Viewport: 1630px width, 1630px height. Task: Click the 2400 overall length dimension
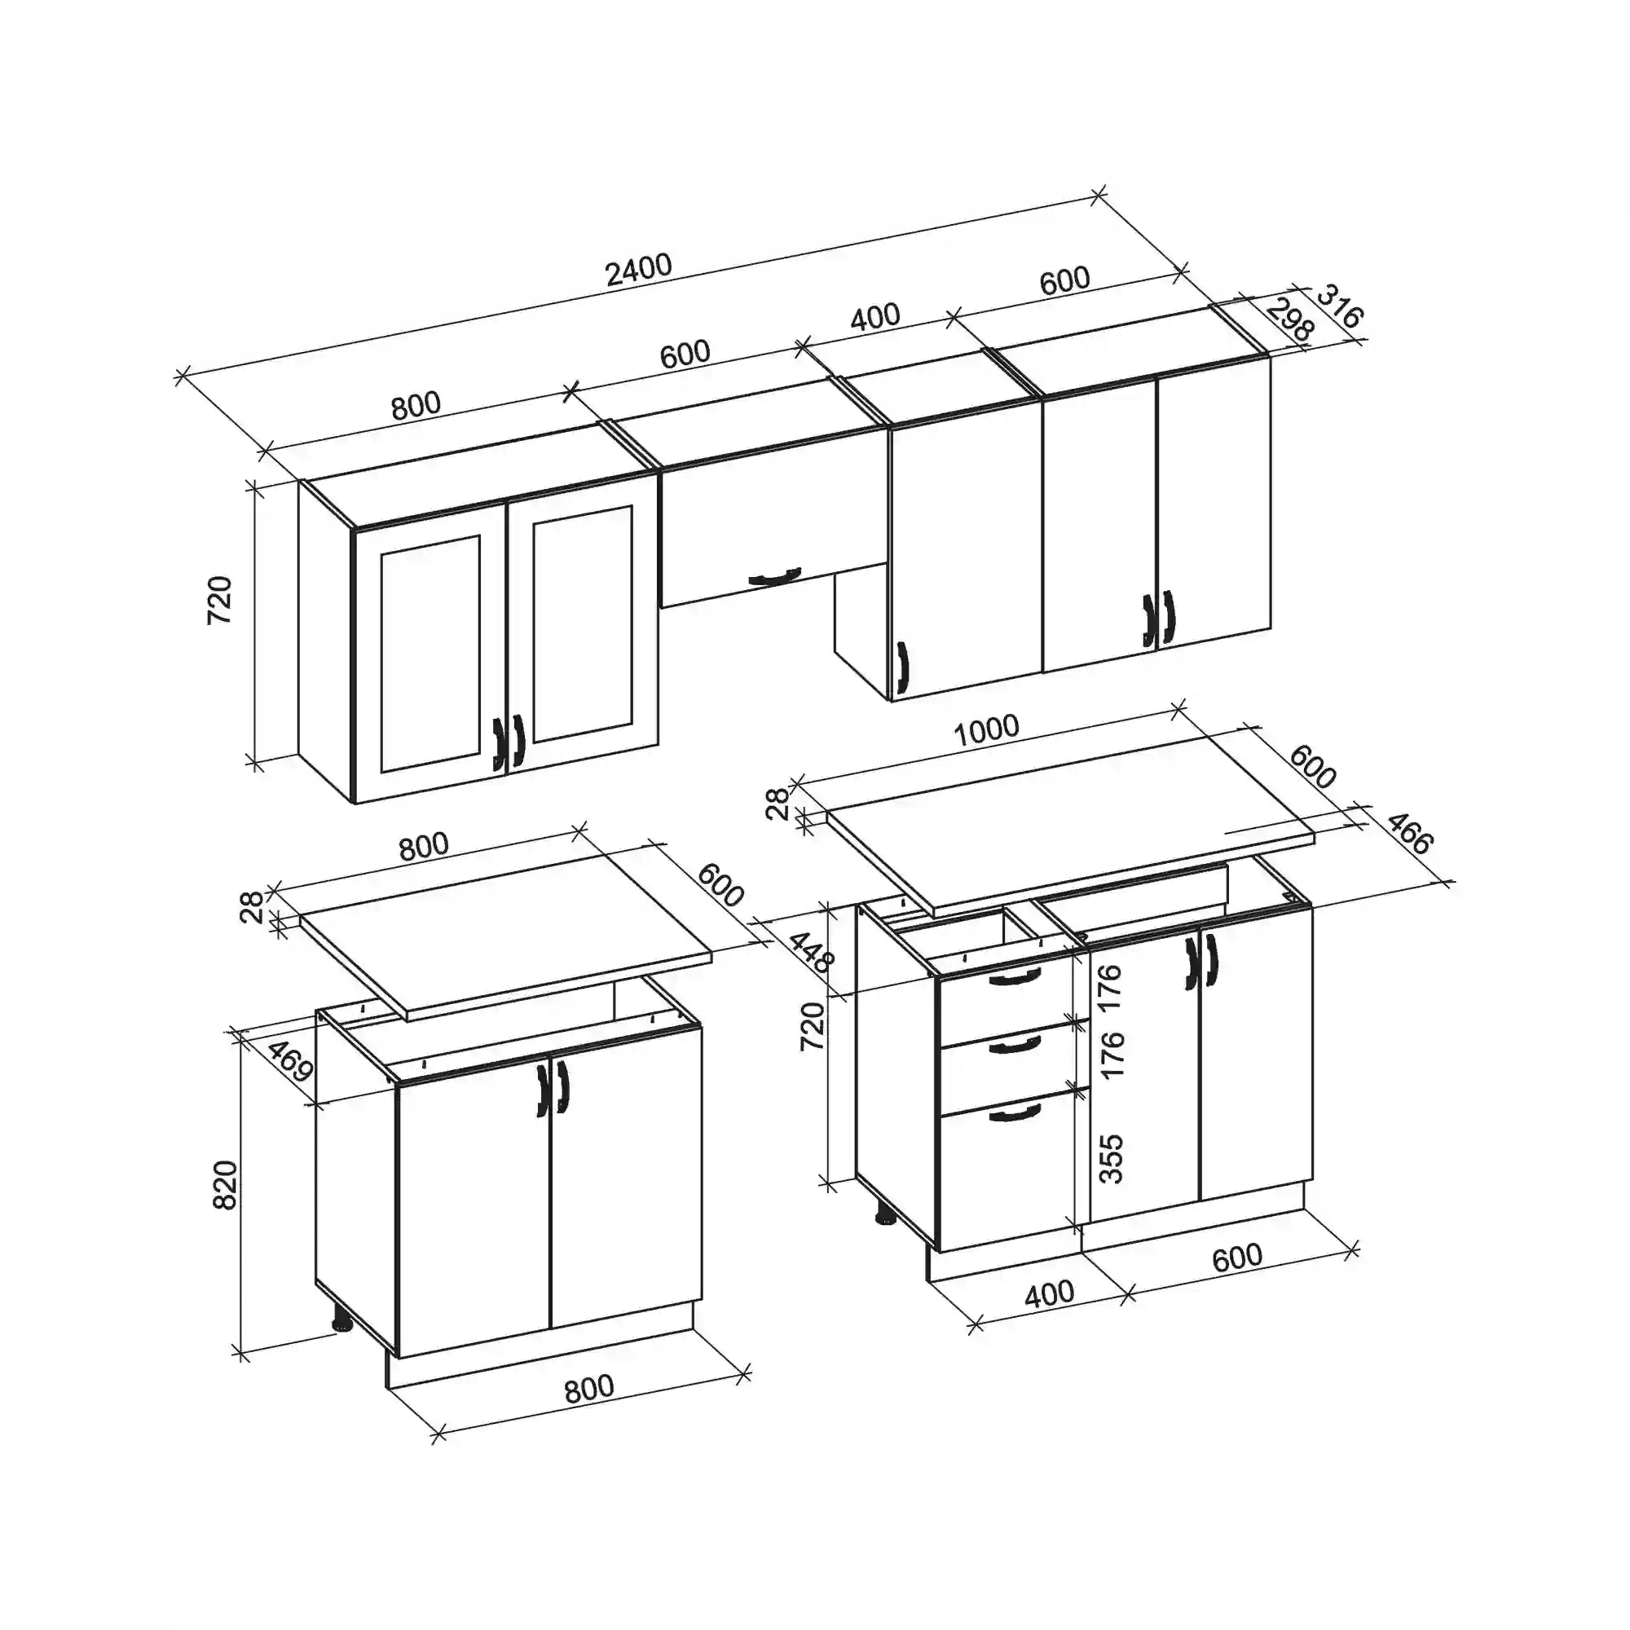coord(639,269)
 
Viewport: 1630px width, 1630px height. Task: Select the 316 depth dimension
coord(1339,306)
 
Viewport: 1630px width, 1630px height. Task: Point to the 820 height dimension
coord(225,1184)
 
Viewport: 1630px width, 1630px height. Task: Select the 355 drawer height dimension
coord(1112,1158)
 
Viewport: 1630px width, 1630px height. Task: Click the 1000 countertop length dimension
coord(986,729)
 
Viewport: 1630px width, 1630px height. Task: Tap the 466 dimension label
coord(1409,833)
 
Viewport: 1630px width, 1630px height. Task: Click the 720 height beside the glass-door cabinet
coord(219,599)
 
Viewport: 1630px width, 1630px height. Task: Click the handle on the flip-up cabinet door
coord(773,577)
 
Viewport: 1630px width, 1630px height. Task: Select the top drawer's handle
coord(1015,977)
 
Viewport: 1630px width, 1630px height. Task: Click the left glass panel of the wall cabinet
coord(430,654)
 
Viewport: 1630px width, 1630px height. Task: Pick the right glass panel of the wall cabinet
coord(582,624)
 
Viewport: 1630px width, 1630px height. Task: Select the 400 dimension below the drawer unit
coord(1049,1293)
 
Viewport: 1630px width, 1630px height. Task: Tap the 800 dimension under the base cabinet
coord(589,1388)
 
